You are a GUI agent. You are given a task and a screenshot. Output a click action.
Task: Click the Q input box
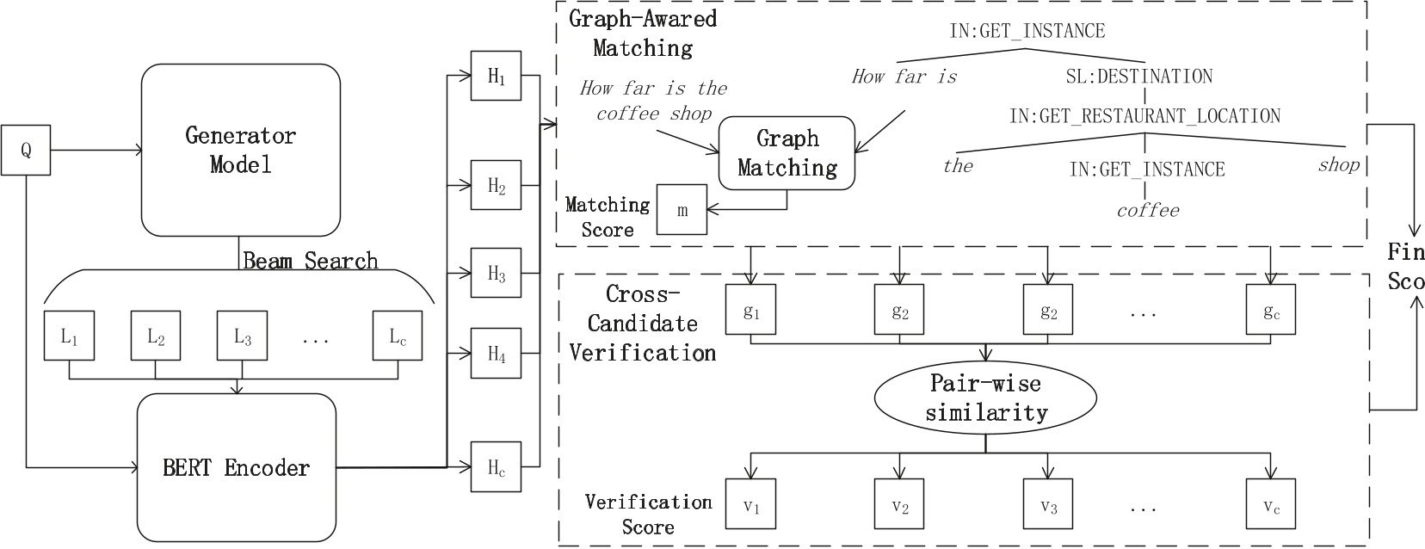[26, 150]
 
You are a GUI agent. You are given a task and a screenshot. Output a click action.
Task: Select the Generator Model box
[241, 150]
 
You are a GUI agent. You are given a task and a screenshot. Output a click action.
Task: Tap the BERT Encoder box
[237, 467]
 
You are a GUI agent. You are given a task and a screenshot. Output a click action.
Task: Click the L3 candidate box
[242, 336]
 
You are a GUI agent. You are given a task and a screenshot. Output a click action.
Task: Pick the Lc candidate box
[398, 336]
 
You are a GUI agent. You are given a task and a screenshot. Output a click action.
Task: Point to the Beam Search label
[311, 261]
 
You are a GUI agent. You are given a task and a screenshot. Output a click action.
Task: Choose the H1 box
[496, 76]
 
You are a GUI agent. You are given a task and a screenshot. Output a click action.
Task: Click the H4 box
[496, 353]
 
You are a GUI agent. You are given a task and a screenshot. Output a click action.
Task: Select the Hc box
[496, 467]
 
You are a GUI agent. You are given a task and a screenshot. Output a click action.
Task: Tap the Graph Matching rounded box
[787, 153]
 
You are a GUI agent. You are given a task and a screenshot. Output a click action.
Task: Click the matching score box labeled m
[682, 209]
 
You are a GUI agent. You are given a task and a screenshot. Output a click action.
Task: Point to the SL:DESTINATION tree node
[1139, 77]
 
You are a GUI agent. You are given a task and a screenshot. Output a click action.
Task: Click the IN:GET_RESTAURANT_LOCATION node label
[1145, 115]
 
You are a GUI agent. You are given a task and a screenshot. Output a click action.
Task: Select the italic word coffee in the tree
[1148, 211]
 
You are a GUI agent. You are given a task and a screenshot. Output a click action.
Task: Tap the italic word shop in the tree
[1338, 165]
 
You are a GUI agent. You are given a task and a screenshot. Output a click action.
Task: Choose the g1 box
[751, 309]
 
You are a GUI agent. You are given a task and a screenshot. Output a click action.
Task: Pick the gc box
[1271, 309]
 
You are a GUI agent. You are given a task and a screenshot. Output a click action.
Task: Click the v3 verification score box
[1047, 503]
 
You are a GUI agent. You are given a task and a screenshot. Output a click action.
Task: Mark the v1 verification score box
[751, 503]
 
